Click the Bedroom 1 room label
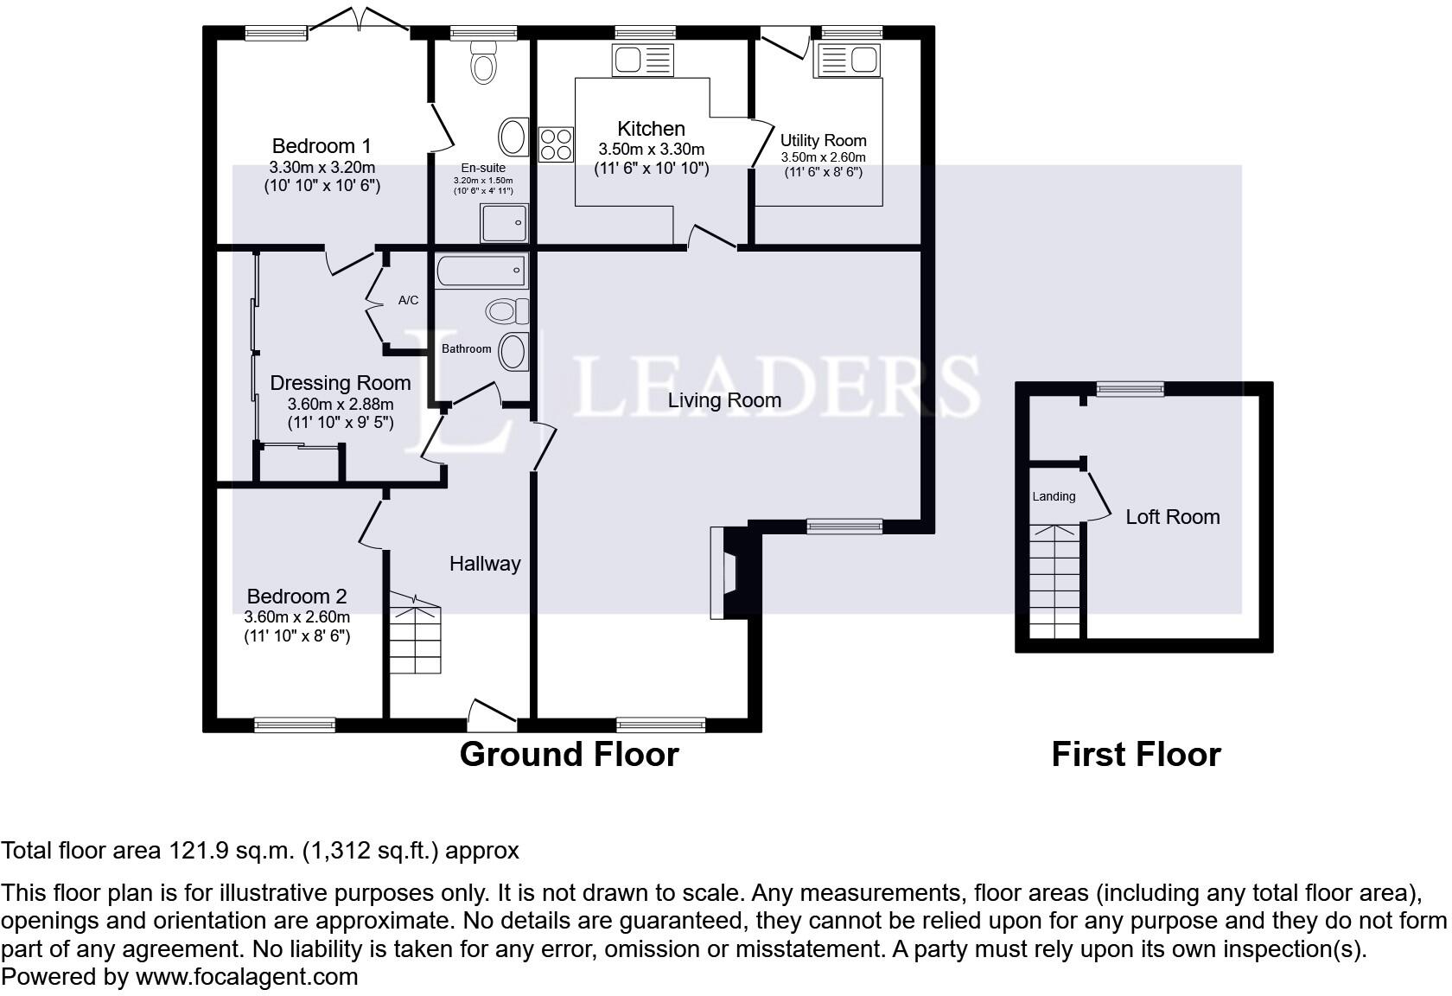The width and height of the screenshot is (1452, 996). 322,146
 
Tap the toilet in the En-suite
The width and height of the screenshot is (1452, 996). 484,61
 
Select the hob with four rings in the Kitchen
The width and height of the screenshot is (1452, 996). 557,144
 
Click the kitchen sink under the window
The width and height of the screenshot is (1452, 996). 643,61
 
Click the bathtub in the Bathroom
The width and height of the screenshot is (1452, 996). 481,271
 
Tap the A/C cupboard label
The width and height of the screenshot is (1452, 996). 408,300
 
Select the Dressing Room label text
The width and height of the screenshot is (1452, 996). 341,383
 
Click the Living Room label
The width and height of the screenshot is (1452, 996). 724,400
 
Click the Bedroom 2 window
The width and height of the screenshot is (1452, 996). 295,725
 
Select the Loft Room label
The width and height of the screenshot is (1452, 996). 1173,517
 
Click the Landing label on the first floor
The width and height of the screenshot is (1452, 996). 1054,496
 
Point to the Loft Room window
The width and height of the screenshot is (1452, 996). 1130,389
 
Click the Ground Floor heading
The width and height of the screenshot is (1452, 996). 569,755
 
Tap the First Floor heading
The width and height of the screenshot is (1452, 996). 1137,755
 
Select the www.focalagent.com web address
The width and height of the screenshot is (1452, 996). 247,977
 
